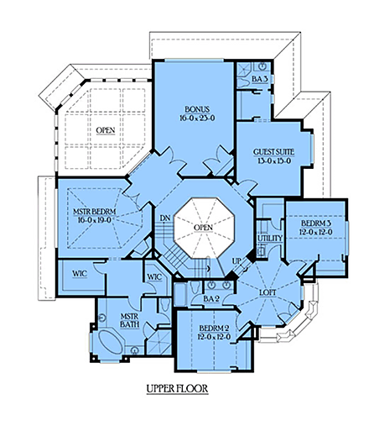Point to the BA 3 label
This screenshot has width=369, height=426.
pos(259,78)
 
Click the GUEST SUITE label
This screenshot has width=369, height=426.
pos(273,152)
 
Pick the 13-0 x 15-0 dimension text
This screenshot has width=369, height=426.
pos(273,162)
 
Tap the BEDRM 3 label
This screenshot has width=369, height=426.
pos(315,222)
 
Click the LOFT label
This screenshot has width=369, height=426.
pos(268,292)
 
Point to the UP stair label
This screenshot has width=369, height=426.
pos(236,261)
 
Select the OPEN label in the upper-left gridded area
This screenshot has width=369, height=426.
pos(105,130)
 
